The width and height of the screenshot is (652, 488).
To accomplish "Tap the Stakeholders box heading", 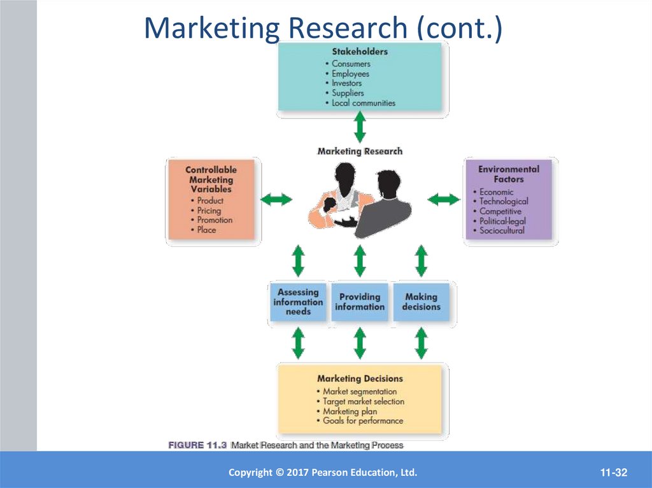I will (360, 52).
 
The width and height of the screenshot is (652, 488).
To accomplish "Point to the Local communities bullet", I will (363, 102).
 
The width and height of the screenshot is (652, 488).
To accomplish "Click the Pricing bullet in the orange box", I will (209, 210).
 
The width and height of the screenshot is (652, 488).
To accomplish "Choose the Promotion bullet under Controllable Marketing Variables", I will (215, 220).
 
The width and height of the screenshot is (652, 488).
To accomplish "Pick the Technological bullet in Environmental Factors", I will (504, 201).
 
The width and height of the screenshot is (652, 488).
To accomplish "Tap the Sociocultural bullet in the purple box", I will (502, 230).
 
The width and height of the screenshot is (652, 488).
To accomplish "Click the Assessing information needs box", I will (298, 302).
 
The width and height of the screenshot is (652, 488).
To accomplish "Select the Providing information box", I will (360, 302).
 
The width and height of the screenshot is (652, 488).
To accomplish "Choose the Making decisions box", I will (421, 302).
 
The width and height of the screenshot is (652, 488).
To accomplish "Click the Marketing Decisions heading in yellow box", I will (360, 379).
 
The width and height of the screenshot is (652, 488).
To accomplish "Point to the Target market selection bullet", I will (363, 401).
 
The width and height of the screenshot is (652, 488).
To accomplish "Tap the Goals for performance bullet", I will (362, 421).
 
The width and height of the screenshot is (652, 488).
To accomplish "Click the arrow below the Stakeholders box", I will (360, 126).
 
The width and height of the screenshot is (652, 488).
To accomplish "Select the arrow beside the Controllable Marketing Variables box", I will (277, 200).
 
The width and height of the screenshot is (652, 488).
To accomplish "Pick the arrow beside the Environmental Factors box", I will (443, 200).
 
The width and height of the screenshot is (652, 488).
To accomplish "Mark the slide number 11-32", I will (614, 472).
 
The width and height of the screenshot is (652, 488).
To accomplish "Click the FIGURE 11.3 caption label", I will (197, 445).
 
